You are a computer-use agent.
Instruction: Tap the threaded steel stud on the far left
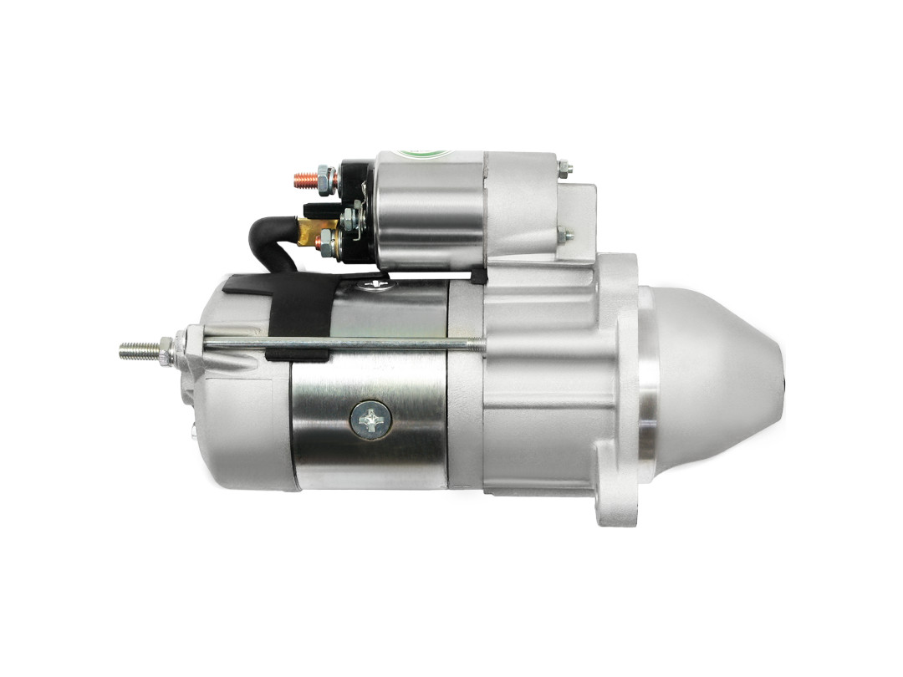point(137,351)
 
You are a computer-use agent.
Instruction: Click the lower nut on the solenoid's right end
point(566,236)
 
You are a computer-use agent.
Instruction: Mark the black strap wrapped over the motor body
point(297,313)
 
